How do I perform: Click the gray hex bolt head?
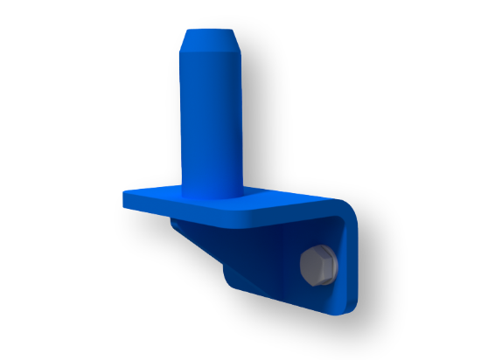(317, 265)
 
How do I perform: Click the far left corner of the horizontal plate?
(125, 194)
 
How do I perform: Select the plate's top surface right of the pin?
(289, 199)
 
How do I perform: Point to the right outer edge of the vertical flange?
(355, 262)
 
